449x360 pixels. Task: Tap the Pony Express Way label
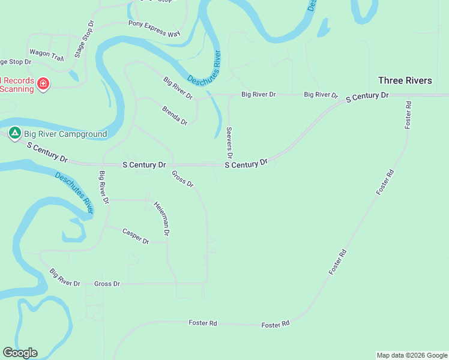coord(154,29)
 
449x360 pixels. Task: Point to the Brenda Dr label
coord(175,115)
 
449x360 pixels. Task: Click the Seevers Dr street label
coord(229,142)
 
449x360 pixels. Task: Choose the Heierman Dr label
coord(161,217)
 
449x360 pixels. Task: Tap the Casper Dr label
coord(136,236)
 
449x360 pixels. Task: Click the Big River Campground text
coord(65,134)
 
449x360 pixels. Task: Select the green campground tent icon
coord(14,133)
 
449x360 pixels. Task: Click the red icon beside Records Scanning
coord(43,83)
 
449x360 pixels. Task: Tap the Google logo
coord(20,353)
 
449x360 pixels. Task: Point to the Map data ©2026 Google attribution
coord(412,355)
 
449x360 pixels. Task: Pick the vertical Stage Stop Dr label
coord(84,39)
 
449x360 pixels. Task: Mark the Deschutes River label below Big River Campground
coord(74,193)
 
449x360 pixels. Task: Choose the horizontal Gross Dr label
coord(107,283)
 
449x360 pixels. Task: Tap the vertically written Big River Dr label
coord(104,188)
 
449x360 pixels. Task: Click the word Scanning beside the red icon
coord(17,89)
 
